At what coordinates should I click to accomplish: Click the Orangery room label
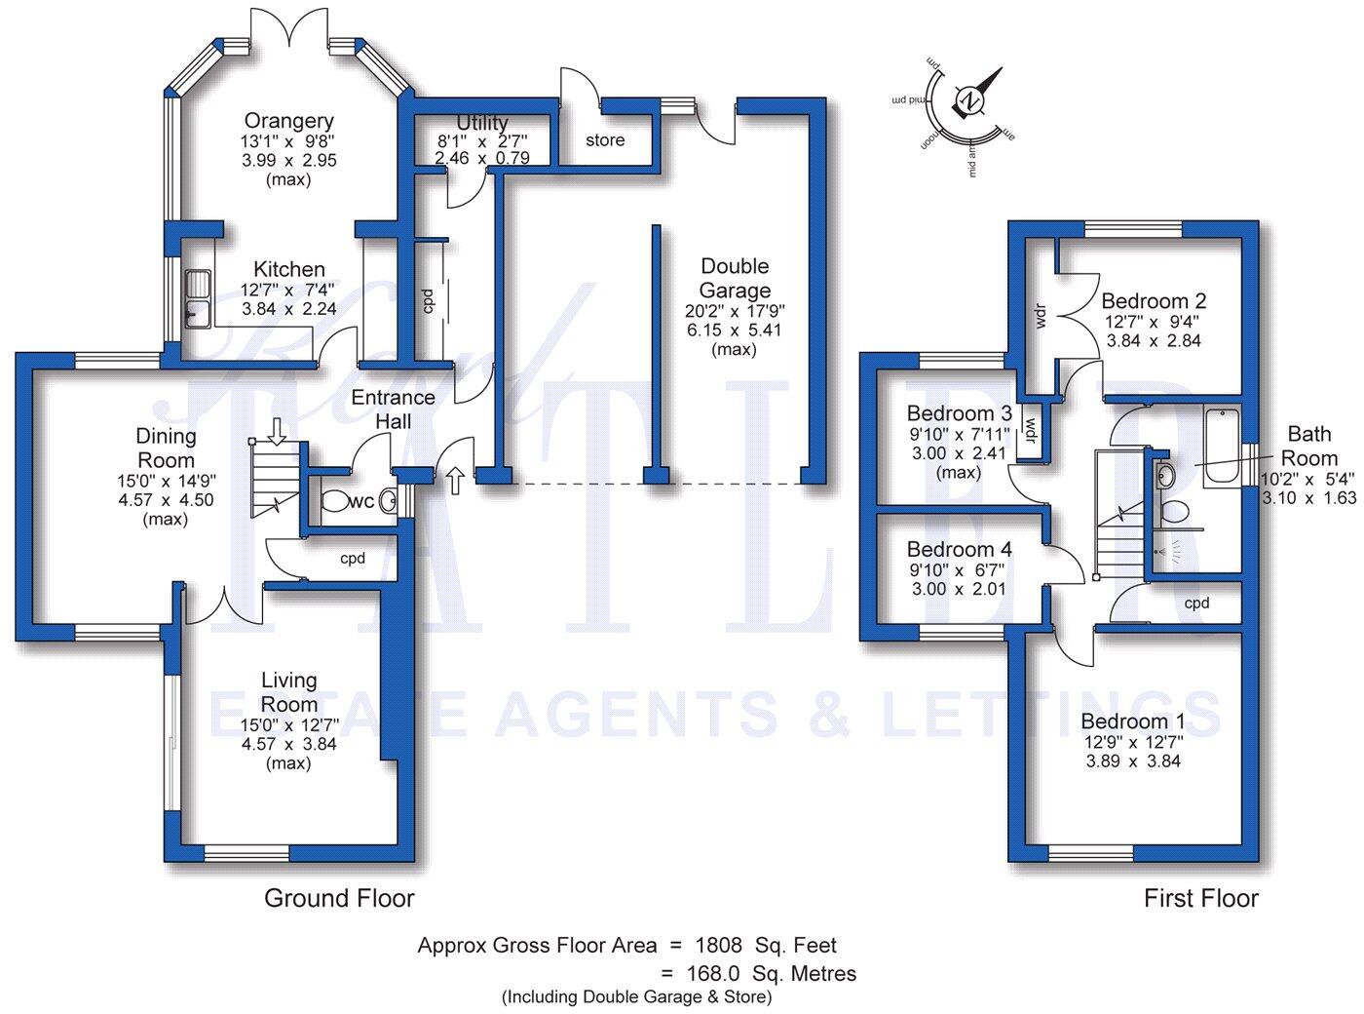(288, 121)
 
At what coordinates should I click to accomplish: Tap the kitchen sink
(200, 299)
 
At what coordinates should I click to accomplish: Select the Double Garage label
(735, 278)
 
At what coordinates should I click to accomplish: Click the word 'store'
(605, 140)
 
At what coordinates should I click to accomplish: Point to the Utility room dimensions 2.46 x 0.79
(482, 157)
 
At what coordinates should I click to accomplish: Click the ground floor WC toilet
(335, 501)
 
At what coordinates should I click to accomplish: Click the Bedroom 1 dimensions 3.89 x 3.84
(1133, 761)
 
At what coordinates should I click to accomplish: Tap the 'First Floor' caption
(1201, 898)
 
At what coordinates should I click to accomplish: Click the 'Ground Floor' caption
(339, 898)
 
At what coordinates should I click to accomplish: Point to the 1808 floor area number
(718, 945)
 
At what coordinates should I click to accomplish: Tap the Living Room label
(289, 691)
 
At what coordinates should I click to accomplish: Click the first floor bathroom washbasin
(1164, 475)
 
